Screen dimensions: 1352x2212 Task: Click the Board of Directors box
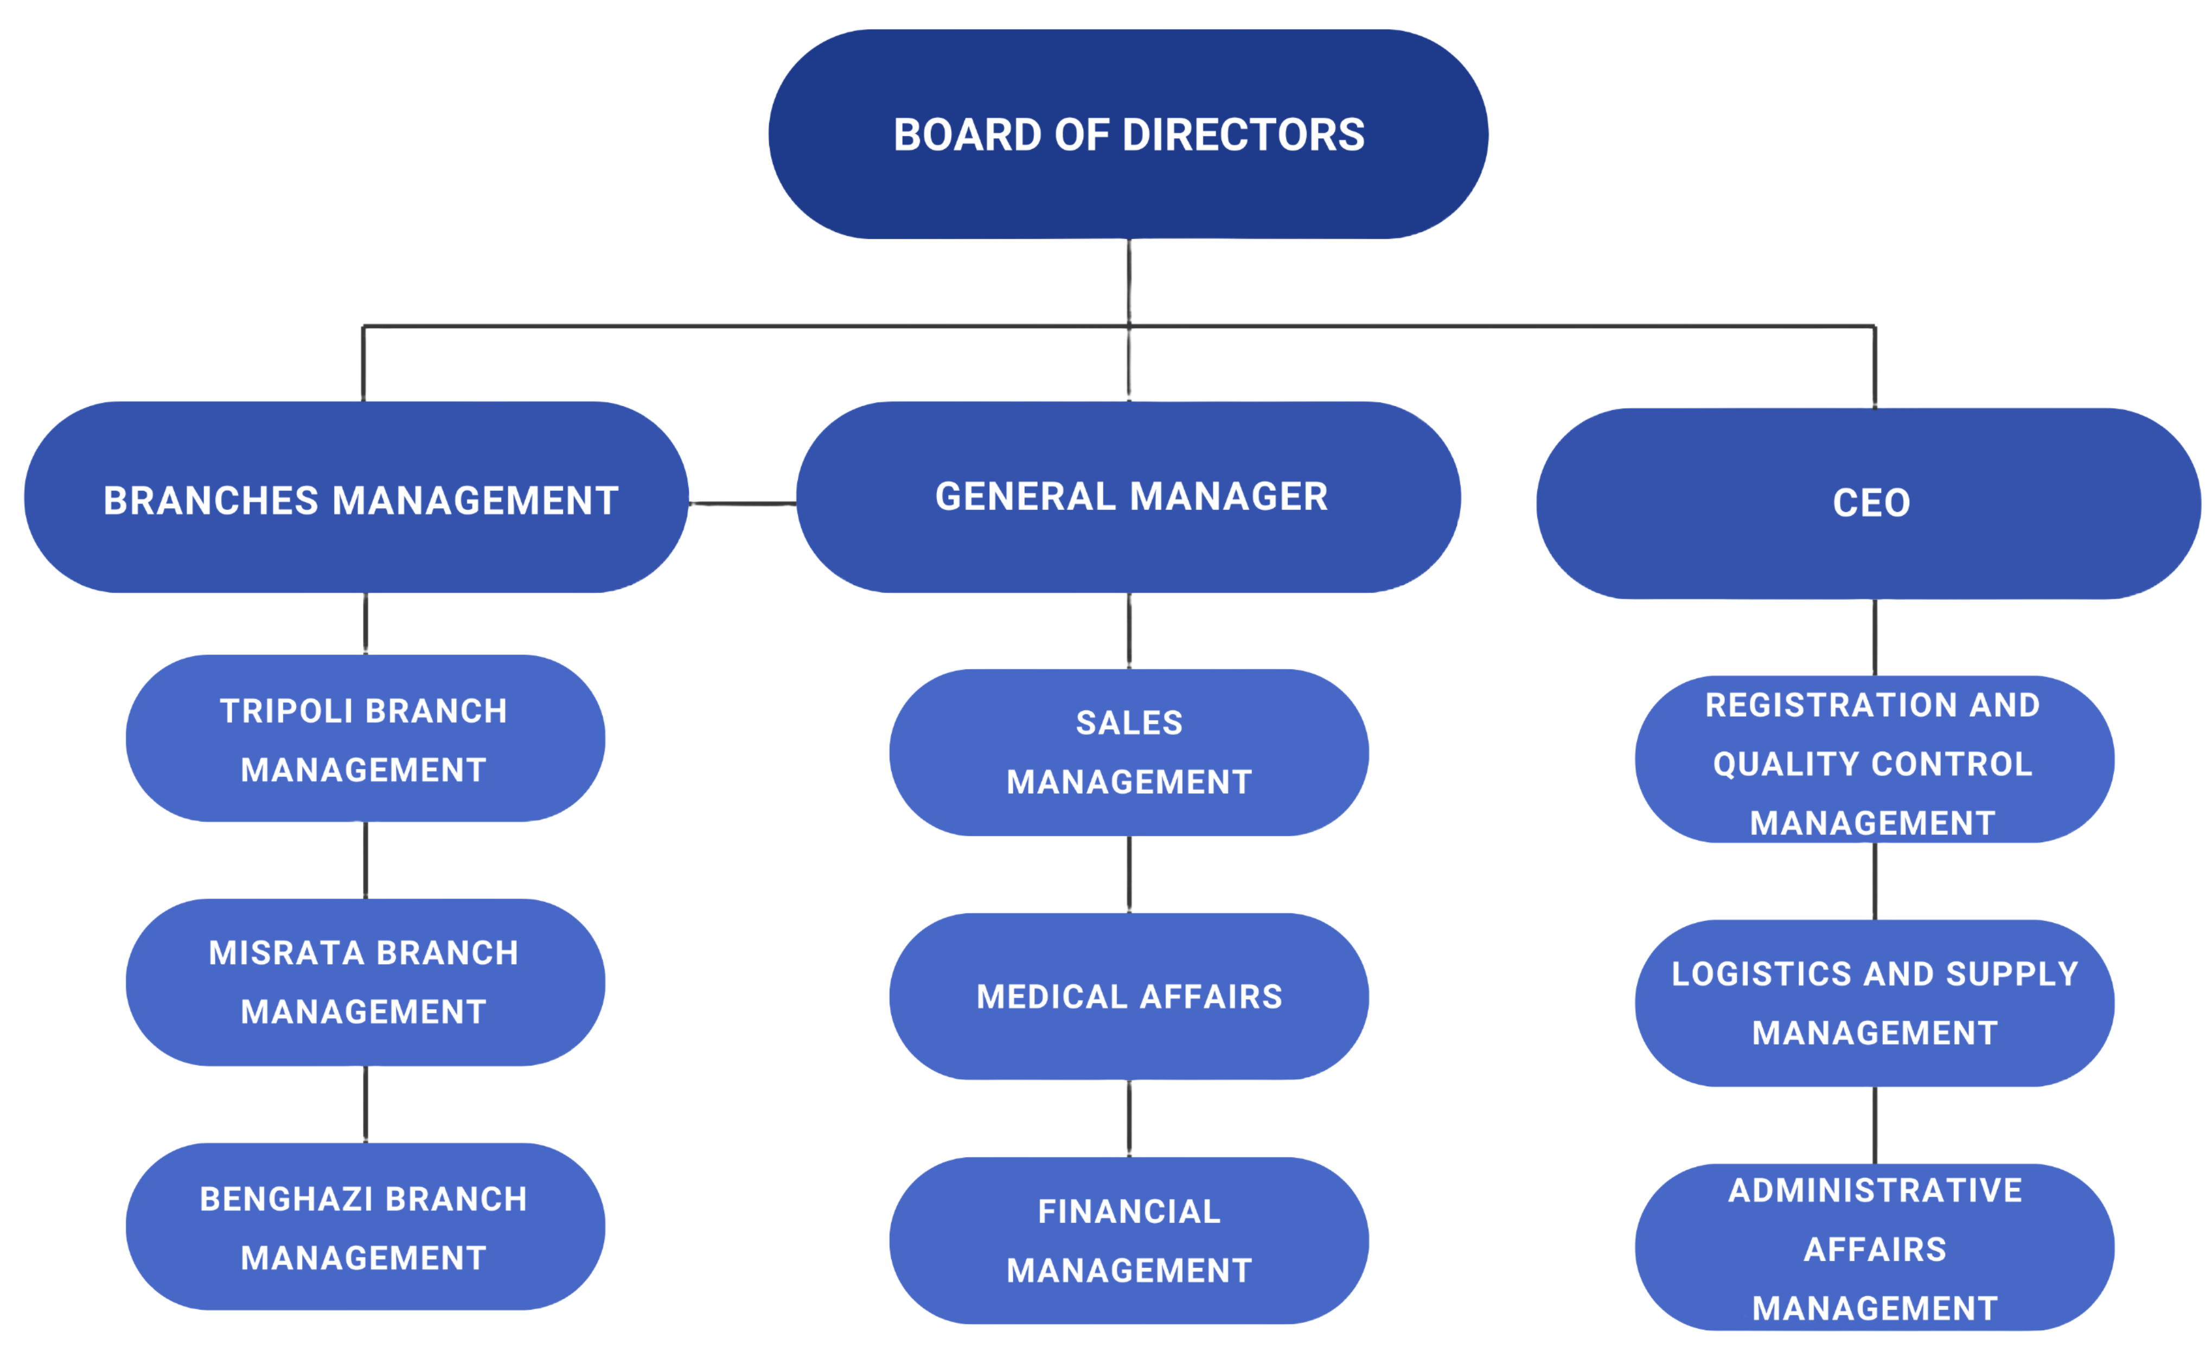[x=1128, y=134]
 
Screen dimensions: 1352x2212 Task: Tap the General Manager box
[x=1129, y=496]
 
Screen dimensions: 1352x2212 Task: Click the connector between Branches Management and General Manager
[x=743, y=503]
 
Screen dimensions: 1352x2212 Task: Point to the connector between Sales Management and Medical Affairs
[x=1129, y=874]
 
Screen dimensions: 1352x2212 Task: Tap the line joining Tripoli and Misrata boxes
[x=365, y=860]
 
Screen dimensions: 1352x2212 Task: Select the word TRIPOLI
[x=285, y=711]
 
